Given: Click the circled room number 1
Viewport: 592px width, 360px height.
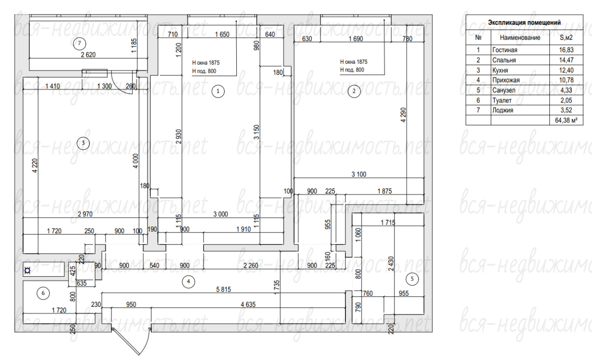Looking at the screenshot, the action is point(218,92).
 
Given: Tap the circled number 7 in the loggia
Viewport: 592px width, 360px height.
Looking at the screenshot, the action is point(79,43).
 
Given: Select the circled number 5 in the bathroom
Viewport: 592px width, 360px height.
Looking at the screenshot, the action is point(412,279).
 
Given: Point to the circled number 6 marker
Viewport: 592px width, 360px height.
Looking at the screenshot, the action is point(43,293).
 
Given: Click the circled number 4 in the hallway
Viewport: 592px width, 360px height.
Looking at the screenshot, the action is point(188,281).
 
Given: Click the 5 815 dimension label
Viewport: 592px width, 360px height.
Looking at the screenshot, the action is point(223,289).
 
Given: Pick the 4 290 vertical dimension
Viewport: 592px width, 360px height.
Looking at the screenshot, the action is point(403,115).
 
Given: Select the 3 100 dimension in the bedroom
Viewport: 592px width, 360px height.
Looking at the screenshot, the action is point(359,174).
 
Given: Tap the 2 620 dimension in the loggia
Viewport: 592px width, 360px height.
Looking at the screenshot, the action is point(88,55).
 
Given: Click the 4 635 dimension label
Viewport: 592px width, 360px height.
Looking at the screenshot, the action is point(248,305).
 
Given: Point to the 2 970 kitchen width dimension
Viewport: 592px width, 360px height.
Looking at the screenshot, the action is point(85,214).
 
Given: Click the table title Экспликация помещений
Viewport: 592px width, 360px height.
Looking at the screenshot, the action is point(524,23).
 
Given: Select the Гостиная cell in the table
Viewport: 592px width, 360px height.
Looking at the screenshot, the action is point(505,50).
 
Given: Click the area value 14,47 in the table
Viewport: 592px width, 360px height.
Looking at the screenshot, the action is point(566,60).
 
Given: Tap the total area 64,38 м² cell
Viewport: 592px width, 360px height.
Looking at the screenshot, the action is point(566,120).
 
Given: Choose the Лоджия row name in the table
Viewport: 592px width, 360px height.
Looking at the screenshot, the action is point(503,110).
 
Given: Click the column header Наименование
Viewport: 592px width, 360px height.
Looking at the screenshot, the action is point(520,37).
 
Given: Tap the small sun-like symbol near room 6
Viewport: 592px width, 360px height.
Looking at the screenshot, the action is point(27,270).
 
